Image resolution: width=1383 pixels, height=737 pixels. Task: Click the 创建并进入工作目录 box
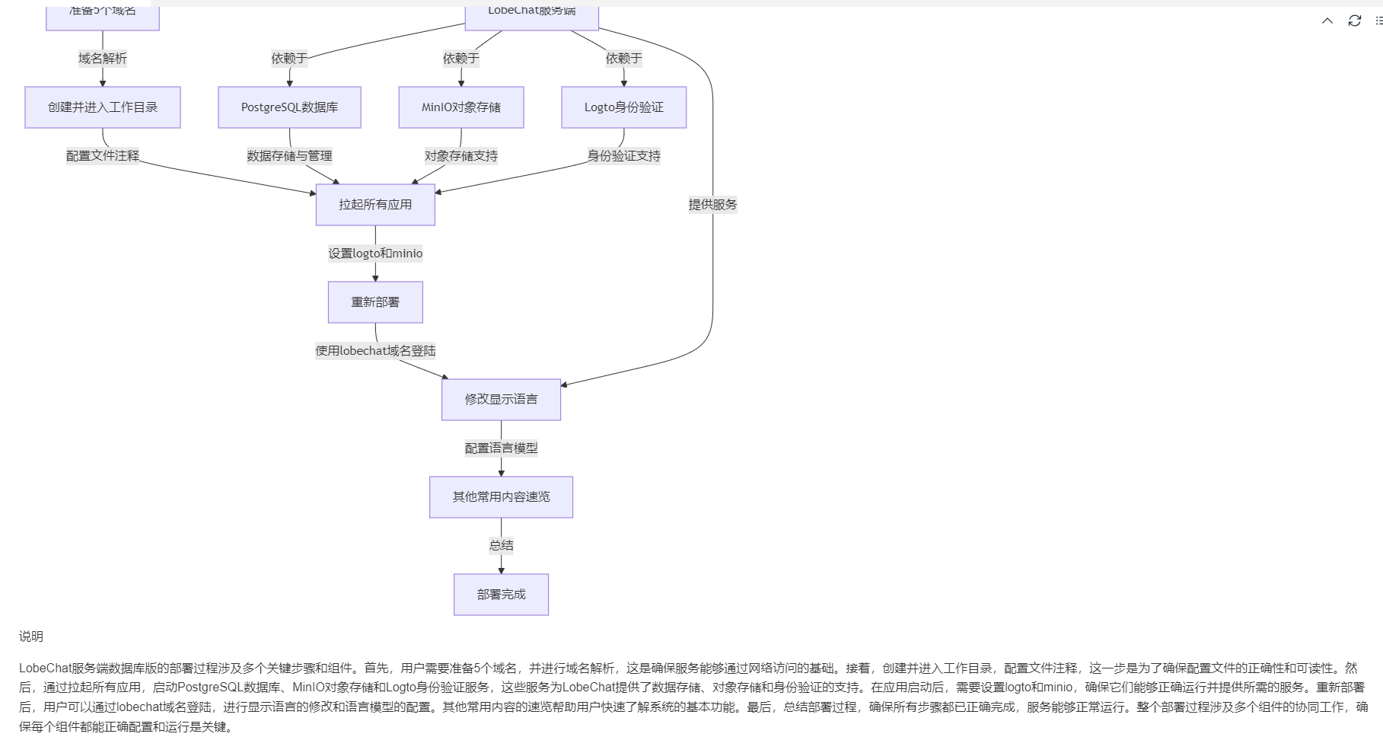[103, 107]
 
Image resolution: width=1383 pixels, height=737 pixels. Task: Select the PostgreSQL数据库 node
[289, 107]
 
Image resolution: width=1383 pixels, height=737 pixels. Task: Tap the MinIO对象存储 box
[461, 107]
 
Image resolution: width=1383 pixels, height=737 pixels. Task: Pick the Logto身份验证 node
[623, 107]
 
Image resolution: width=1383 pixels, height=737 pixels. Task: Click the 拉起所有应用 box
[375, 205]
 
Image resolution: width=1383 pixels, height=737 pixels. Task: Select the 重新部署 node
[375, 302]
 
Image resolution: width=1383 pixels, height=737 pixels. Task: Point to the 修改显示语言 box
[501, 400]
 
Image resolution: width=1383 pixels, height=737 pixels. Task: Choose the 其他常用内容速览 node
[501, 497]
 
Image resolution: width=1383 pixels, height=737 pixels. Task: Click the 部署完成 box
[501, 595]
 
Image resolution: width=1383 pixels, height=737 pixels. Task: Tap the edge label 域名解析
[103, 59]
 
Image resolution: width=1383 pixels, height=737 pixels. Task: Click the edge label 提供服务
[712, 205]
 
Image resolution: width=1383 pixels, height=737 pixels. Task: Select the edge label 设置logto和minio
[375, 254]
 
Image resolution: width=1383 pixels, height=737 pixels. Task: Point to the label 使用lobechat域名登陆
[375, 351]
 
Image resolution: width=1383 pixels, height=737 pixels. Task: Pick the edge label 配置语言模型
[501, 448]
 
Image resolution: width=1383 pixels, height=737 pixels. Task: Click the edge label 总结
[501, 545]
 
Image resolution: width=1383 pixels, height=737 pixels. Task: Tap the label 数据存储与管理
[289, 156]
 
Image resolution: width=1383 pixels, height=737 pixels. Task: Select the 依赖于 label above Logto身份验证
[623, 59]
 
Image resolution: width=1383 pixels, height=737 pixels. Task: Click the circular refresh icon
[1354, 21]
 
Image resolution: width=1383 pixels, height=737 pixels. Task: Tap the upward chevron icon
[1327, 21]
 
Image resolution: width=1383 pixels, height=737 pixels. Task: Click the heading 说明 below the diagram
[31, 636]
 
